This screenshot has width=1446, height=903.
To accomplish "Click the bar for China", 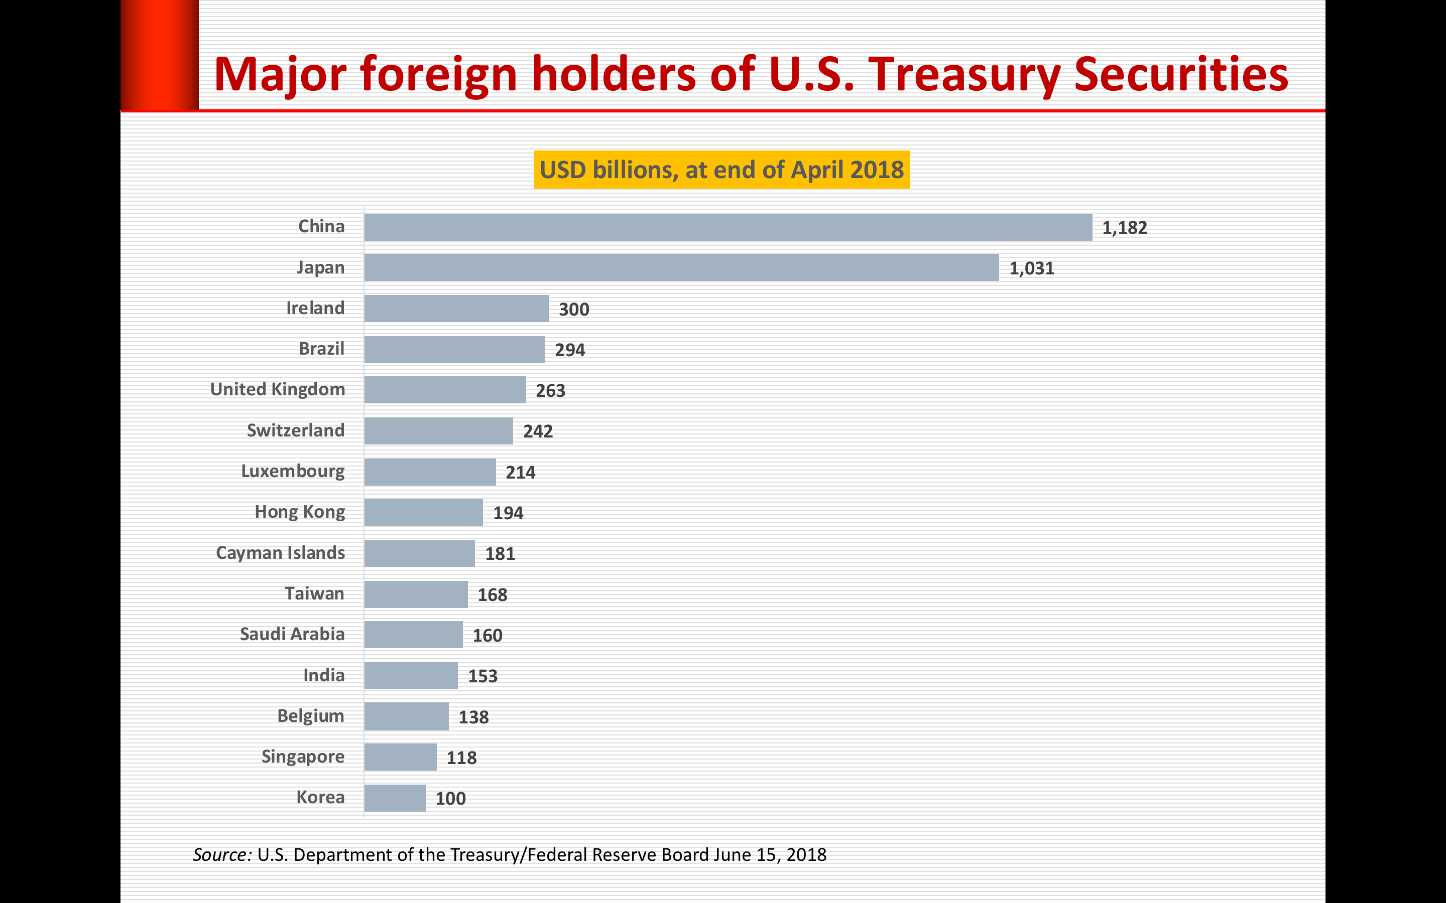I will (728, 228).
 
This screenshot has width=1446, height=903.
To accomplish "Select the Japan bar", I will (681, 267).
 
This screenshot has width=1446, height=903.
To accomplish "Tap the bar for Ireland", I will (456, 309).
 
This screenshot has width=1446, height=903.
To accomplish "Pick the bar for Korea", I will (395, 798).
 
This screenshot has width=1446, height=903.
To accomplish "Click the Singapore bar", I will (400, 758).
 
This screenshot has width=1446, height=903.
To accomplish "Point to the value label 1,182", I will (1125, 228).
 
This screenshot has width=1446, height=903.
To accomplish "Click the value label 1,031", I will (1031, 269).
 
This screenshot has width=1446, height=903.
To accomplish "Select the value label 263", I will (550, 391).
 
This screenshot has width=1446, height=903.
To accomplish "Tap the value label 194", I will (508, 513).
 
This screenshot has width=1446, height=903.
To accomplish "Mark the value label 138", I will (473, 717).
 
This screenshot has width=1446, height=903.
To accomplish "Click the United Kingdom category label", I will (278, 389).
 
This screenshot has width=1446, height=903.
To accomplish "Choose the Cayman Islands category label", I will (280, 553).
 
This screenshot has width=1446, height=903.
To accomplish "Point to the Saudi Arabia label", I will (292, 634).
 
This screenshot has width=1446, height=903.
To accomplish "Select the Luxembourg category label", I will (293, 471).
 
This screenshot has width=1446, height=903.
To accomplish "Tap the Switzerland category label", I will (296, 430).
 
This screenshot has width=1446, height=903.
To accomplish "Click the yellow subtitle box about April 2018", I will (721, 170).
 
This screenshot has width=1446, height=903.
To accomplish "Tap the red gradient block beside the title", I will (160, 55).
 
